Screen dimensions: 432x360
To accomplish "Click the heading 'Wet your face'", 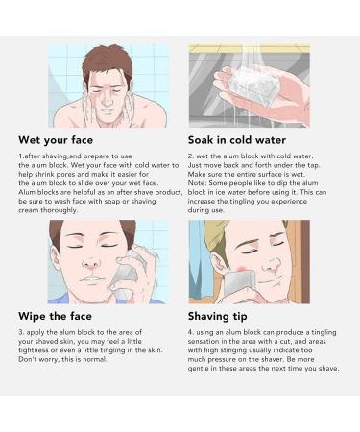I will tap(60, 137).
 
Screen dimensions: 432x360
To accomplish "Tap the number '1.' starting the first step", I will tap(22, 156).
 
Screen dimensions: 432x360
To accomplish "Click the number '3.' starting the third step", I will tap(22, 332).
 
